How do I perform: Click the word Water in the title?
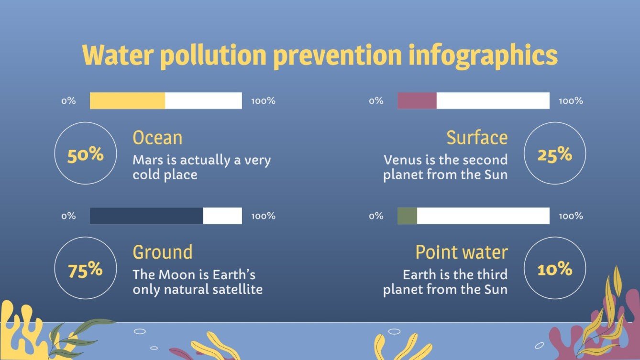117,56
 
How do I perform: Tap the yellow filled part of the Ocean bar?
127,101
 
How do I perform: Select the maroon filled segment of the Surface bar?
417,101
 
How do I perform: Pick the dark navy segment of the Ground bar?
146,216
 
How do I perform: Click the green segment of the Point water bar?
407,216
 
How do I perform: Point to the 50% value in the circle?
86,155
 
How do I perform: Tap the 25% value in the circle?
555,155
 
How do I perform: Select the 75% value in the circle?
86,271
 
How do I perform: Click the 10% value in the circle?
555,270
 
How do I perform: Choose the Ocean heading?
157,138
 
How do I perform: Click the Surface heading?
477,138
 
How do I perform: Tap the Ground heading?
163,252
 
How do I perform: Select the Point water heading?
461,252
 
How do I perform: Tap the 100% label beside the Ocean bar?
263,101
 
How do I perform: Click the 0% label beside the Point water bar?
376,216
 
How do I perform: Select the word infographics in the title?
483,56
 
